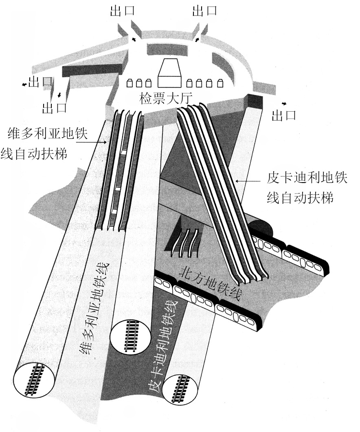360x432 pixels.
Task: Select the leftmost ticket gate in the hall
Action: pos(130,83)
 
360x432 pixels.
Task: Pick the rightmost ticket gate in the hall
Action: pos(220,83)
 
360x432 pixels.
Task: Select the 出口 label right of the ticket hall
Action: pos(284,116)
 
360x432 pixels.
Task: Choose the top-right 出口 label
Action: pos(205,11)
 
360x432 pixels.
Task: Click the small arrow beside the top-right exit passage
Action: pos(198,39)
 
